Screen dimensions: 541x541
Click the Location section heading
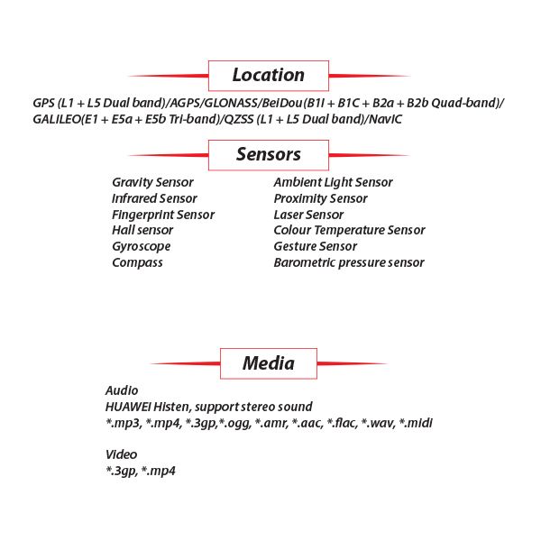(269, 75)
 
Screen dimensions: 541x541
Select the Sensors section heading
(269, 154)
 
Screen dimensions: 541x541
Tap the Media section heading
(269, 363)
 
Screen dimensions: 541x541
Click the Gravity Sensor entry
(152, 182)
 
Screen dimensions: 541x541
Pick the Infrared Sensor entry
(154, 198)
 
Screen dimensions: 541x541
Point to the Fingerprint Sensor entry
(163, 215)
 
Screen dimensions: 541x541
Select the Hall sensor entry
(142, 230)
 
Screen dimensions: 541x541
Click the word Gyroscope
(142, 247)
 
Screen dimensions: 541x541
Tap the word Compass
(137, 263)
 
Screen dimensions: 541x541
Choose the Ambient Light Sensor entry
(333, 182)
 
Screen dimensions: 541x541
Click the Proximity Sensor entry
(320, 198)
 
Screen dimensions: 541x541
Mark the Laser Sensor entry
(308, 215)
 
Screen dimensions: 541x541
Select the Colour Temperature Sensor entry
(349, 231)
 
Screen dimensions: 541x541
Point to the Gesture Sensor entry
(316, 246)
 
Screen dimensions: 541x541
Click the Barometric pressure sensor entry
(349, 263)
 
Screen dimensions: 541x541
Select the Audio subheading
(122, 390)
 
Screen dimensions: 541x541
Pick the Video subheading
(121, 454)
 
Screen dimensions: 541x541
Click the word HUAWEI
(128, 407)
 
